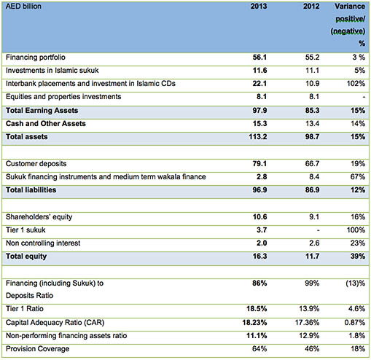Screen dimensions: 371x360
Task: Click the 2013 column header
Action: pyautogui.click(x=259, y=6)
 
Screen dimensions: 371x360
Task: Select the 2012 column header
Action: pyautogui.click(x=311, y=6)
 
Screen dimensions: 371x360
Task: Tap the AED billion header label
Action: pyautogui.click(x=23, y=6)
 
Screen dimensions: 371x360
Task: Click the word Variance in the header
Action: pyautogui.click(x=350, y=6)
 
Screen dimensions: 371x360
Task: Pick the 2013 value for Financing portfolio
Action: pyautogui.click(x=259, y=58)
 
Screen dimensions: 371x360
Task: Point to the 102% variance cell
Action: pyautogui.click(x=356, y=84)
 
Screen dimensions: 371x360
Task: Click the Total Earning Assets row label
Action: pyautogui.click(x=42, y=111)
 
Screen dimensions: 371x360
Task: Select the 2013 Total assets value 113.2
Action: pyautogui.click(x=258, y=137)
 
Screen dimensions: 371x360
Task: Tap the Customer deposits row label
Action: pyautogui.click(x=36, y=163)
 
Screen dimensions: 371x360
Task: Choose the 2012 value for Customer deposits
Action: pyautogui.click(x=312, y=163)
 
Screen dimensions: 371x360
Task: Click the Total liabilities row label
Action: pyautogui.click(x=31, y=189)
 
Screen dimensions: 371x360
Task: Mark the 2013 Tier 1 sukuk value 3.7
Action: pyautogui.click(x=262, y=230)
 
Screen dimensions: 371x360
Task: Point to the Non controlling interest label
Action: pyautogui.click(x=43, y=243)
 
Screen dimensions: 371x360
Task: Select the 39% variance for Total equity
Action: pyautogui.click(x=358, y=256)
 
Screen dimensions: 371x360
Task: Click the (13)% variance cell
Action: pyautogui.click(x=356, y=283)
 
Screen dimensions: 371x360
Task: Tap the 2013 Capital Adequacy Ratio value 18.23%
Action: pyautogui.click(x=254, y=323)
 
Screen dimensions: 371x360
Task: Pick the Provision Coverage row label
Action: pyautogui.click(x=37, y=349)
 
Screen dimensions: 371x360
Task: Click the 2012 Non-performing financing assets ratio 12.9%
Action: pyautogui.click(x=309, y=336)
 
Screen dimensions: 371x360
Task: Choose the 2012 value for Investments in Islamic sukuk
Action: pyautogui.click(x=312, y=71)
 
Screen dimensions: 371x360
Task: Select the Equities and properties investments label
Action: pyautogui.click(x=63, y=97)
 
